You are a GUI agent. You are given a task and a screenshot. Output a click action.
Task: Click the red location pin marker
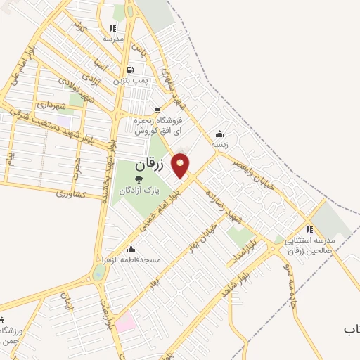click(x=181, y=165)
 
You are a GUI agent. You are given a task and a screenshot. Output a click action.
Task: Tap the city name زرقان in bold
click(x=148, y=166)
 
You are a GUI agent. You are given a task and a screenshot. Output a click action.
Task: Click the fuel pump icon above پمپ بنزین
click(x=131, y=70)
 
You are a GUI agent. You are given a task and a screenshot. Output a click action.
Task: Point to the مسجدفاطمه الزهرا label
click(x=131, y=260)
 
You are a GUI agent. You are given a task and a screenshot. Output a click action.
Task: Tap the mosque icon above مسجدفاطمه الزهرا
click(x=131, y=249)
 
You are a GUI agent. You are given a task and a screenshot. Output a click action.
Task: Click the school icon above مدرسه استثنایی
click(x=309, y=229)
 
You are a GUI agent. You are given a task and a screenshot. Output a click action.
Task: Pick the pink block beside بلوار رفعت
click(x=125, y=324)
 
